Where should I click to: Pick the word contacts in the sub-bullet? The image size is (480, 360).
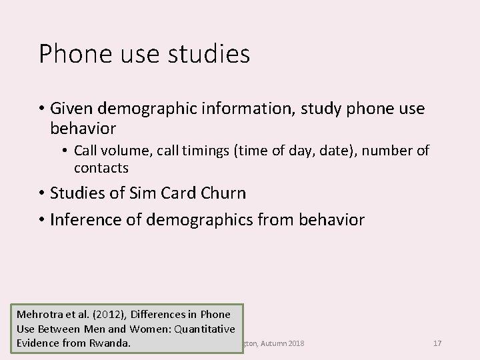(101, 167)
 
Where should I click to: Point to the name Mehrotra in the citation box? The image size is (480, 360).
(40, 314)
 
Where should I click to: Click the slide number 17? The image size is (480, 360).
(437, 343)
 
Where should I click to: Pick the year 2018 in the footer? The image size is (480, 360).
(294, 343)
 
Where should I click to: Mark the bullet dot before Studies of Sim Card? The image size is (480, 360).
(42, 194)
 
